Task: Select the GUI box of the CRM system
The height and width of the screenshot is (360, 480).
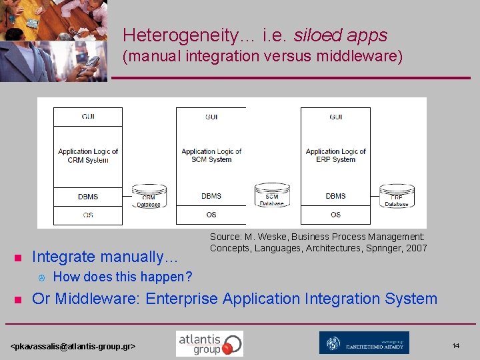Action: click(88, 116)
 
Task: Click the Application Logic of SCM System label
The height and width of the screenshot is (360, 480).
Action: click(211, 155)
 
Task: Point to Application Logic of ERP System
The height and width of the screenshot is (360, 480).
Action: click(335, 155)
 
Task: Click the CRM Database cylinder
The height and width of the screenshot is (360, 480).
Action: click(149, 196)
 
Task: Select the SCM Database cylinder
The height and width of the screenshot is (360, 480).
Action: click(272, 195)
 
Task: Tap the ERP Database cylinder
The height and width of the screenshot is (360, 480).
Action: click(397, 195)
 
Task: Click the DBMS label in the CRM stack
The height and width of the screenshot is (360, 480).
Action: click(88, 197)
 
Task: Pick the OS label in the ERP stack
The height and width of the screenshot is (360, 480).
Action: click(335, 215)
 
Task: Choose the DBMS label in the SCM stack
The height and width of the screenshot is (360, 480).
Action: click(211, 196)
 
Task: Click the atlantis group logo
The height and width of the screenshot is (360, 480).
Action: click(209, 343)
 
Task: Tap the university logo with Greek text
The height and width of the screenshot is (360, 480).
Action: click(364, 343)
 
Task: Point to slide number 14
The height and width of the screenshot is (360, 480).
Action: click(456, 345)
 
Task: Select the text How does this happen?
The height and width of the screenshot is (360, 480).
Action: click(122, 277)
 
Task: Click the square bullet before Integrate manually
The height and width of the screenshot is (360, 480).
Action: click(19, 258)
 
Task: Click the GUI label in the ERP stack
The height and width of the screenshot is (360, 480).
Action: click(335, 117)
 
